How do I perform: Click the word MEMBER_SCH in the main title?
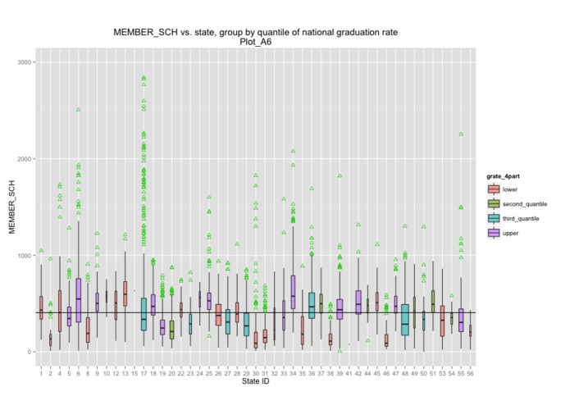click(x=142, y=32)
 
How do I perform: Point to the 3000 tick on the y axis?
click(x=24, y=62)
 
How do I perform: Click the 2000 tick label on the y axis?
click(x=24, y=159)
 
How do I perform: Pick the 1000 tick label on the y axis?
click(x=24, y=256)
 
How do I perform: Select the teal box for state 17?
click(x=144, y=314)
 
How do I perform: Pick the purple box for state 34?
click(x=293, y=292)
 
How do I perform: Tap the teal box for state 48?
click(x=405, y=320)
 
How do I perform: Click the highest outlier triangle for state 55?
click(x=461, y=134)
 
